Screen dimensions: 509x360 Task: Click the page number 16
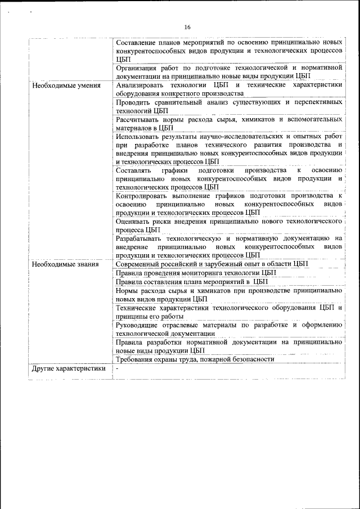click(x=187, y=27)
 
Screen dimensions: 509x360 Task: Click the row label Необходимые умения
click(x=66, y=85)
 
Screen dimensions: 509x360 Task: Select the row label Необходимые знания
click(x=65, y=264)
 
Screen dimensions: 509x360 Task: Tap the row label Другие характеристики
click(x=69, y=369)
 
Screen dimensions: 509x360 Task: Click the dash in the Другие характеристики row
click(x=118, y=369)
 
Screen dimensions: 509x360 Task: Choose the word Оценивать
click(x=133, y=221)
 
